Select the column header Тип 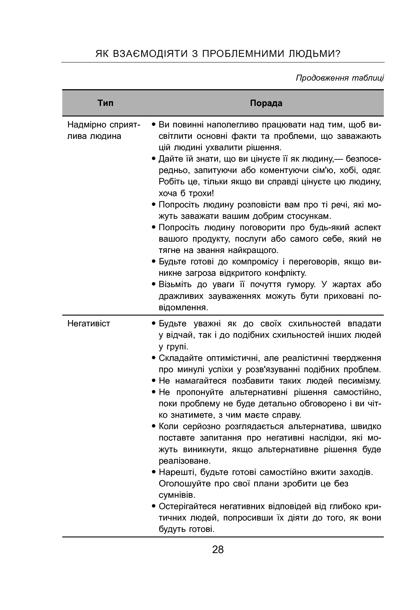click(x=105, y=103)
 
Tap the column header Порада click(x=266, y=103)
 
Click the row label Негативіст click(x=89, y=323)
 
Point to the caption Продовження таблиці click(x=340, y=78)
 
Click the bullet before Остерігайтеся click(x=154, y=507)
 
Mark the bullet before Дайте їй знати click(x=154, y=159)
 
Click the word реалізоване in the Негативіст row click(x=185, y=460)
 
